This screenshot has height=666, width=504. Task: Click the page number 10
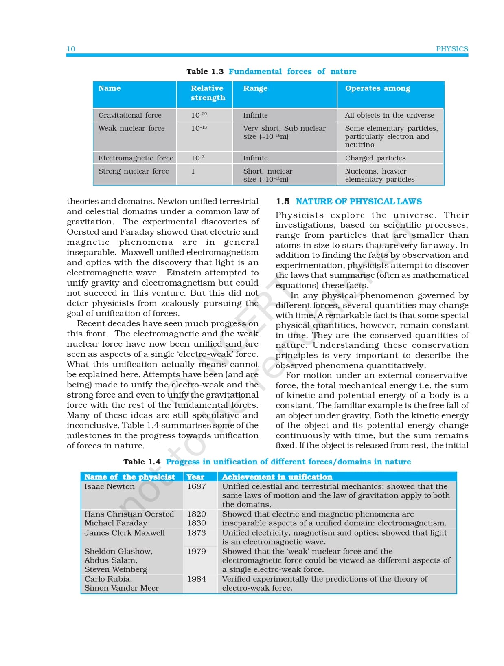(71, 49)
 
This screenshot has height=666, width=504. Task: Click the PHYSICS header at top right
(452, 49)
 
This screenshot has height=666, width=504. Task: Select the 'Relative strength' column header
(208, 93)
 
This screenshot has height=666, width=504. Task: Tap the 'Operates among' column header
(377, 88)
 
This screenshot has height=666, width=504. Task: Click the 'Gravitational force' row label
(130, 115)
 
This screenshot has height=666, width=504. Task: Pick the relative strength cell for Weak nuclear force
(199, 128)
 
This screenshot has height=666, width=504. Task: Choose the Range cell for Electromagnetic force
(255, 158)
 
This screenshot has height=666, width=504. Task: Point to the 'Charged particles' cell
(375, 158)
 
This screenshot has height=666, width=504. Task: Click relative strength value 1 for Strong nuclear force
(193, 171)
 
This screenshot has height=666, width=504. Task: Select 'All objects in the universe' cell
(389, 115)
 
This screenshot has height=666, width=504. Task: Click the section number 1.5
(283, 202)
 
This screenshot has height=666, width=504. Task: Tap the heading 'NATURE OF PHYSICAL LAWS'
(359, 202)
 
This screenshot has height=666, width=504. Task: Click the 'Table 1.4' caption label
(142, 462)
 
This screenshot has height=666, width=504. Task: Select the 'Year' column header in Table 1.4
(195, 477)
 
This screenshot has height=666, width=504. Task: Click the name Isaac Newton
(109, 486)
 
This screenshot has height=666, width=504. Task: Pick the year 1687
(196, 486)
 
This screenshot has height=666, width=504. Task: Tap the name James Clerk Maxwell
(125, 533)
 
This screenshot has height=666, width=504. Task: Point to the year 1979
(196, 551)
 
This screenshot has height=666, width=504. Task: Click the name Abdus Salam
(110, 560)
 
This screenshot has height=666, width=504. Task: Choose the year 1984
(196, 579)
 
